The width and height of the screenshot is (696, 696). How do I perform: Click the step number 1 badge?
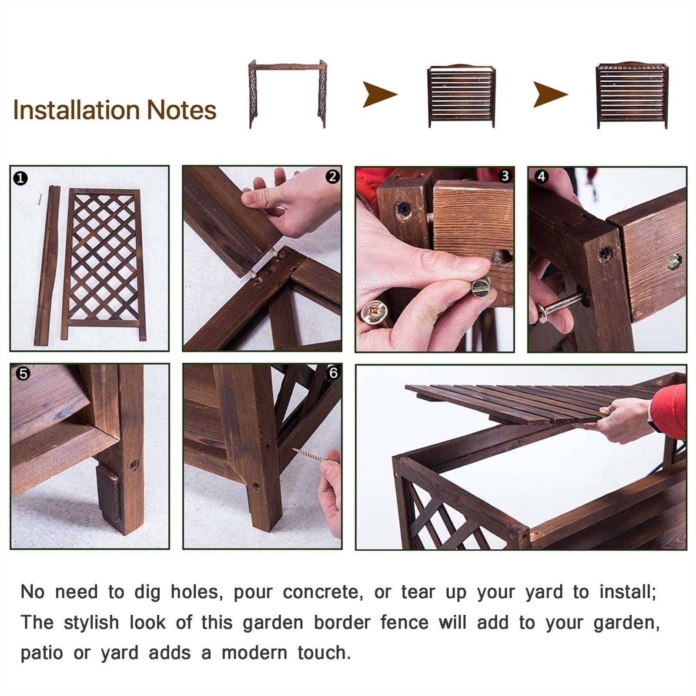(x=20, y=178)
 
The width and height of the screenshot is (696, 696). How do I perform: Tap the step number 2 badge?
(x=333, y=177)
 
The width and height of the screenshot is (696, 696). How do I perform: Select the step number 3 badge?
(x=505, y=176)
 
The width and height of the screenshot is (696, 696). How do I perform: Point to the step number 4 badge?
(x=541, y=177)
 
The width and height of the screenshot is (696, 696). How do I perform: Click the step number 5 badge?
(x=23, y=374)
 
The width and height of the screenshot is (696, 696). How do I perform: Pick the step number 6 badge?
(x=333, y=373)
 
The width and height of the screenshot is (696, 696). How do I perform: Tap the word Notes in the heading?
(x=182, y=110)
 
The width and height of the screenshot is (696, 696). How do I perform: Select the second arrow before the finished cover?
(x=551, y=94)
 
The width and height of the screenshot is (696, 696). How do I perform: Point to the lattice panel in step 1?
(x=103, y=264)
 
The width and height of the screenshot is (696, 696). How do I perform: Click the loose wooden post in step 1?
(x=47, y=266)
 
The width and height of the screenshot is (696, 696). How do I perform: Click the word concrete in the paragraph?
(x=323, y=592)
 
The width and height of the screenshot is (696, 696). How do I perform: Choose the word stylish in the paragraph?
(x=91, y=622)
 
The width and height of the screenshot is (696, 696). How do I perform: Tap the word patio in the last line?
(x=42, y=653)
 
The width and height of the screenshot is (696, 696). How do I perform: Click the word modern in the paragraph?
(x=254, y=653)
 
